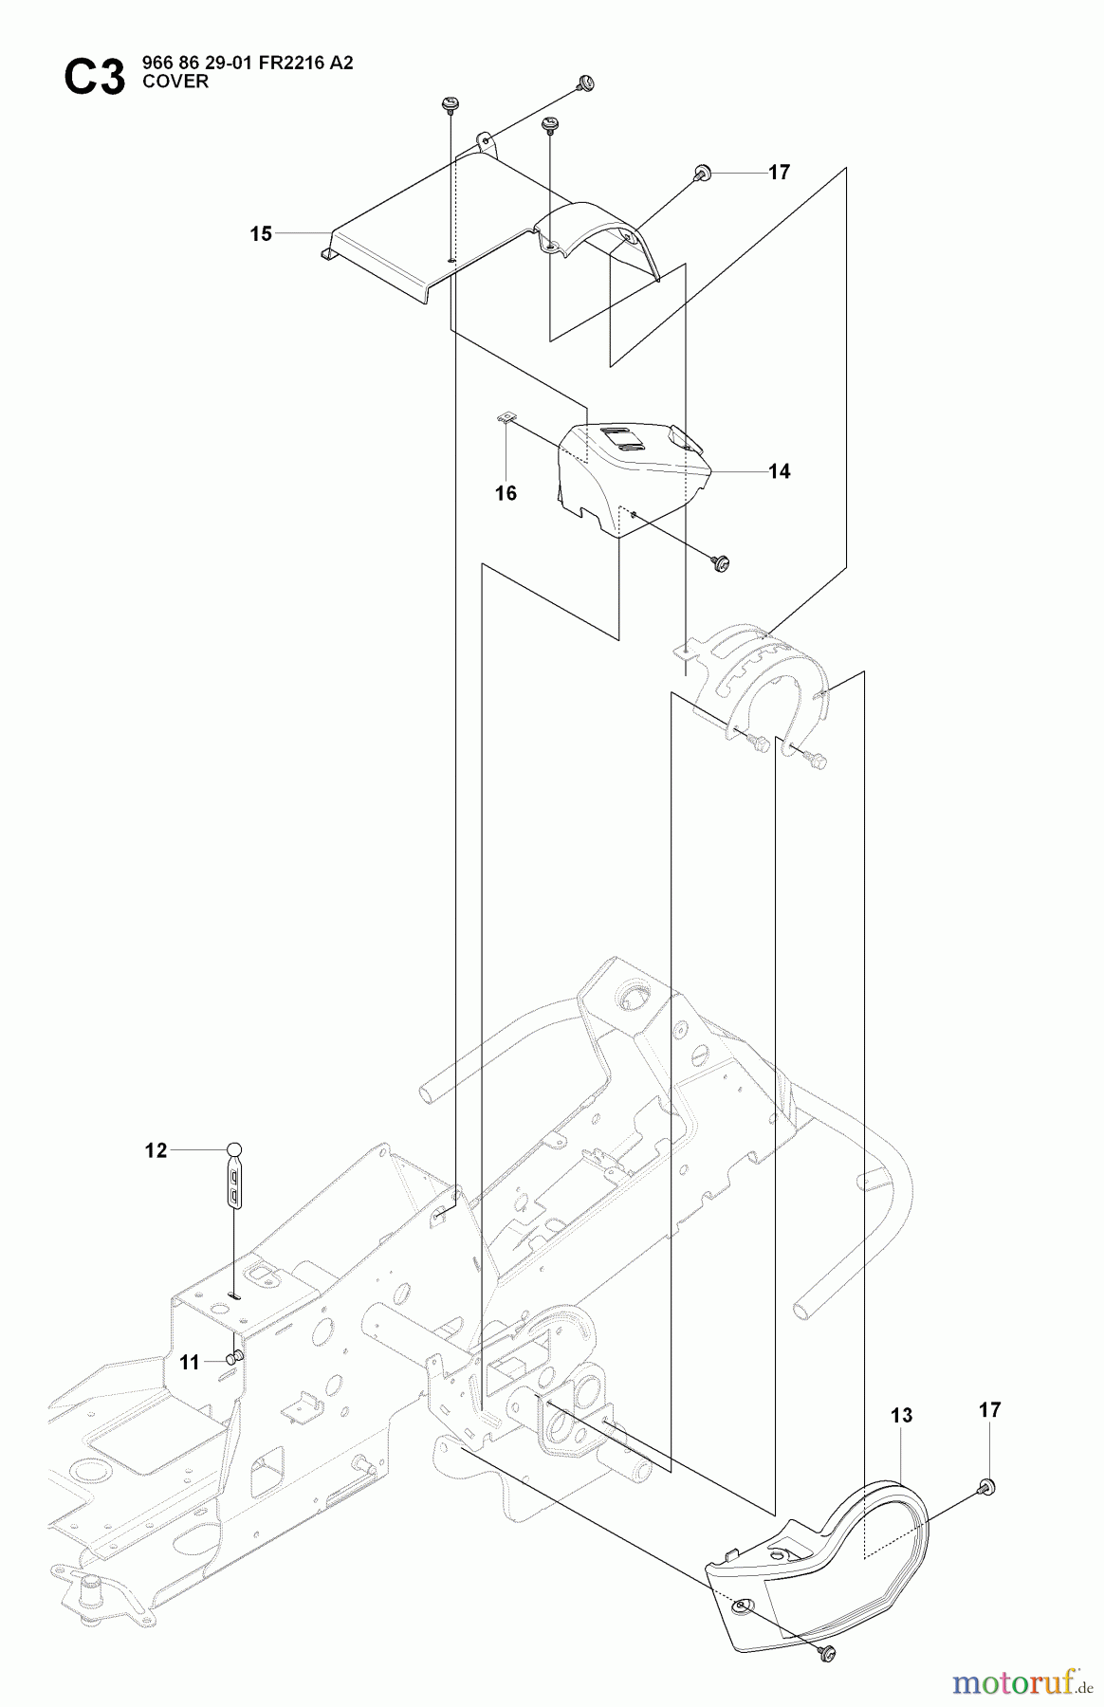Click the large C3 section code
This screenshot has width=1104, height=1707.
coord(94,76)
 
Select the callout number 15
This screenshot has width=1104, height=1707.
coord(261,233)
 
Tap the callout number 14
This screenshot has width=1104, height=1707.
coord(780,471)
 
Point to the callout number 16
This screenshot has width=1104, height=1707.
coord(506,493)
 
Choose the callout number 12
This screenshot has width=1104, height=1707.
coord(156,1151)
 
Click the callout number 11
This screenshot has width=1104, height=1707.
coord(190,1362)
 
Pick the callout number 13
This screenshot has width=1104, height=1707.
coord(901,1416)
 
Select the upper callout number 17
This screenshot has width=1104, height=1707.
coord(780,173)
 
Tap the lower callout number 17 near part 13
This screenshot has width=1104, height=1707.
coord(989,1410)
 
